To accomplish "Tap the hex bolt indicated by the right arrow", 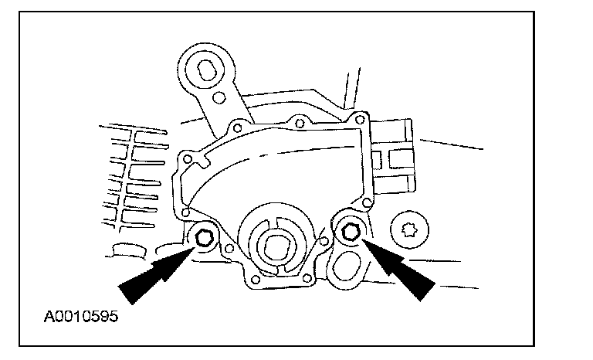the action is point(349,229).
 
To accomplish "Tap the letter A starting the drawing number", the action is point(49,316).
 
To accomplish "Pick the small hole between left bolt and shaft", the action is point(230,249).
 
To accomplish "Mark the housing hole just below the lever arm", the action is point(237,126).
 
